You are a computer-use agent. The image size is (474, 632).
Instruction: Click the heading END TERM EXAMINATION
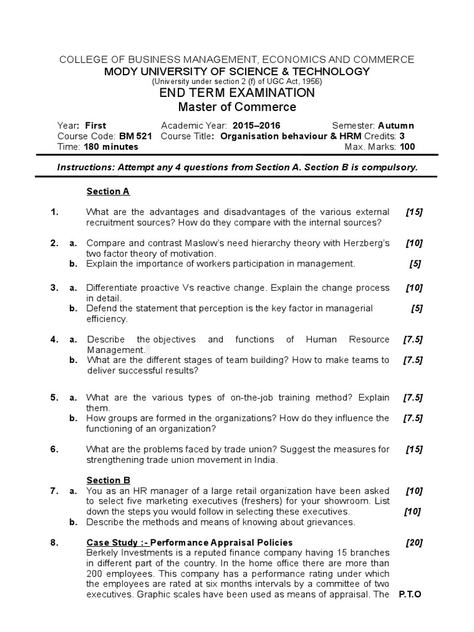(237, 93)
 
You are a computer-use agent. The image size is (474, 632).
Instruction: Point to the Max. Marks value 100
(407, 147)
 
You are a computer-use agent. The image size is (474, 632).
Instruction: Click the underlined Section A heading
(108, 191)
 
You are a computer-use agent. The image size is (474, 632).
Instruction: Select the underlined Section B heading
(108, 480)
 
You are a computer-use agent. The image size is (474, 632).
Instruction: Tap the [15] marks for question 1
(414, 212)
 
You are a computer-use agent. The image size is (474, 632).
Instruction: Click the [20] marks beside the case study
(414, 543)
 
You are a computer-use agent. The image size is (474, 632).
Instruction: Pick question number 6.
(55, 449)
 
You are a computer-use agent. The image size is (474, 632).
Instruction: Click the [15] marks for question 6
(414, 449)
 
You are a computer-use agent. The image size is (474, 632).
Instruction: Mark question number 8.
(55, 543)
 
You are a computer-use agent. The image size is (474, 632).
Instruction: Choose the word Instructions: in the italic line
(83, 167)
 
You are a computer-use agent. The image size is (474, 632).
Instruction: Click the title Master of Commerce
(237, 107)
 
